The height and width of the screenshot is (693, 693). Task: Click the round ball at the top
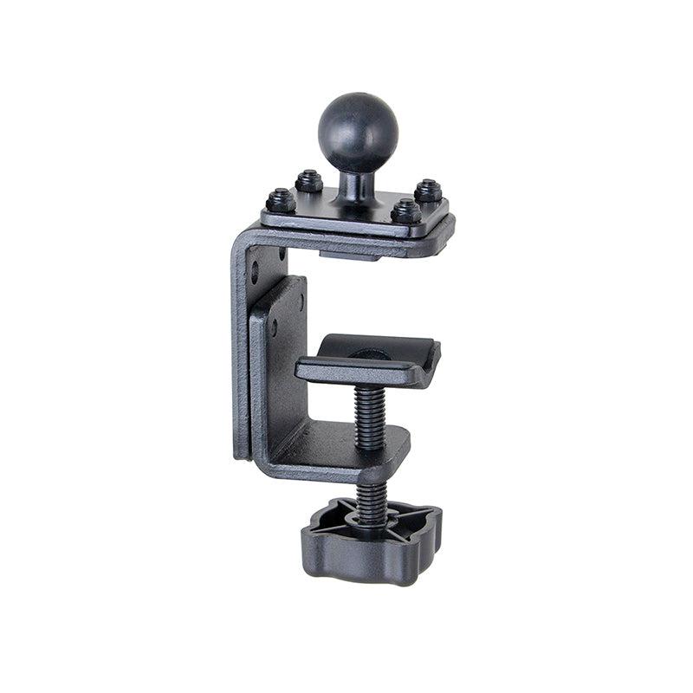click(359, 133)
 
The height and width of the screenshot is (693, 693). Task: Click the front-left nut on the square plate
click(280, 201)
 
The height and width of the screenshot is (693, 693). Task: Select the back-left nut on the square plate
click(309, 181)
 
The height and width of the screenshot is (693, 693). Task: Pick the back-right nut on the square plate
click(428, 191)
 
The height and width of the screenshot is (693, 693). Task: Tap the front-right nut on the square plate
click(406, 210)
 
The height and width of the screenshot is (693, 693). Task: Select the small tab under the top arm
click(351, 256)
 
